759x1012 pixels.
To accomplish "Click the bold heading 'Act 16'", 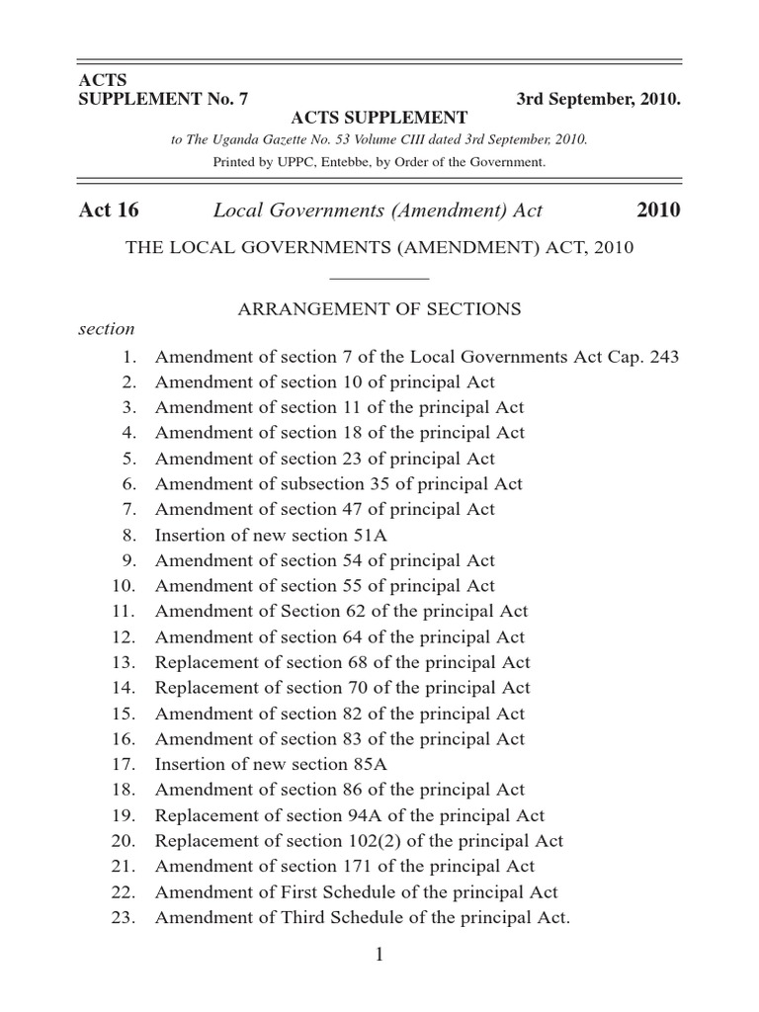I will coord(108,211).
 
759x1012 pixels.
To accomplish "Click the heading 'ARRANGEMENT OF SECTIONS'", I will coord(379,308).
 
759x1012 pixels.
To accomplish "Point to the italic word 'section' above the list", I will coord(106,329).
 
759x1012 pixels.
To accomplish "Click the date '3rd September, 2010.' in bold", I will coord(598,99).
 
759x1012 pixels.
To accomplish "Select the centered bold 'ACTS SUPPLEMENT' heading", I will coord(379,119).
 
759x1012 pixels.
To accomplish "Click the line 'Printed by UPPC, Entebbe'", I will coord(379,161).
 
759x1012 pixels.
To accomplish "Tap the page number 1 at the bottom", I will coord(379,955).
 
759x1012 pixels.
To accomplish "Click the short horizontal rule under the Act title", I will coord(379,280).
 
